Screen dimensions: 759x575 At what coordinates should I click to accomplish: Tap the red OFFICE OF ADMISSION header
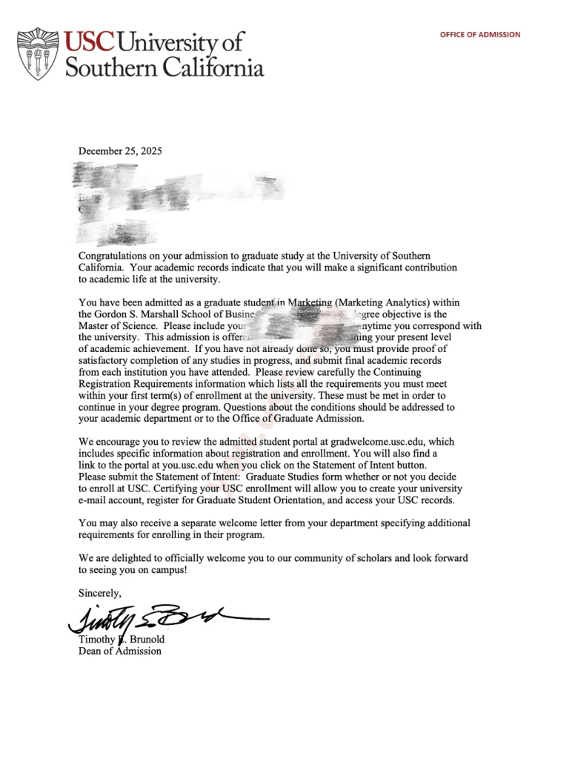pyautogui.click(x=480, y=35)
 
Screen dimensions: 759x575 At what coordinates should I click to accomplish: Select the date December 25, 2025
pyautogui.click(x=120, y=150)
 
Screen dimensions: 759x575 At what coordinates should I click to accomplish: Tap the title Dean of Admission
pyautogui.click(x=120, y=651)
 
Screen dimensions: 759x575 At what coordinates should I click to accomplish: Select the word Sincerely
pyautogui.click(x=99, y=592)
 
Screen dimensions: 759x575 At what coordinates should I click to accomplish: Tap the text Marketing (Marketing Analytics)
pyautogui.click(x=361, y=302)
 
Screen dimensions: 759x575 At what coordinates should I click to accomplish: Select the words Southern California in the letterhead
pyautogui.click(x=164, y=67)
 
